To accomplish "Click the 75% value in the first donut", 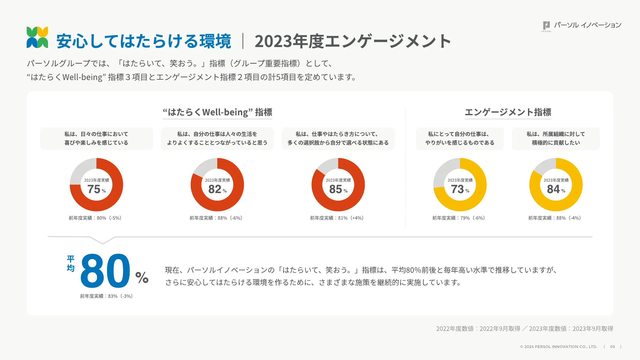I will pyautogui.click(x=94, y=189).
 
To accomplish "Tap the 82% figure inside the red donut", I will pyautogui.click(x=215, y=189).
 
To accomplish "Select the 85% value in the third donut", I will pyautogui.click(x=336, y=189).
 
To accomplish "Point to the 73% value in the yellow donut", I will pyautogui.click(x=458, y=189).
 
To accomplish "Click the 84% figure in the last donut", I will pyautogui.click(x=554, y=189).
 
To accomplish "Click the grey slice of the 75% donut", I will pyautogui.click(x=82, y=169).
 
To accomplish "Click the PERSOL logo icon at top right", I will pyautogui.click(x=546, y=26).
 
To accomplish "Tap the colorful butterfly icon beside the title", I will pyautogui.click(x=37, y=37).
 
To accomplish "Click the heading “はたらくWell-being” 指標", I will pyautogui.click(x=217, y=112).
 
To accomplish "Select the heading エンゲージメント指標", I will pyautogui.click(x=508, y=112).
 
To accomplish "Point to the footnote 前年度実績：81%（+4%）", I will pyautogui.click(x=337, y=218).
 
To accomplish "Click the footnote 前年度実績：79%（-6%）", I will pyautogui.click(x=459, y=218).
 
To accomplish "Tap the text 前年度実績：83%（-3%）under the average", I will pyautogui.click(x=106, y=296).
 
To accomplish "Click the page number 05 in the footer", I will pyautogui.click(x=612, y=347).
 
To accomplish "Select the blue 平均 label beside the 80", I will pyautogui.click(x=71, y=263).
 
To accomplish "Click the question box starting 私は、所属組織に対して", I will pyautogui.click(x=556, y=138).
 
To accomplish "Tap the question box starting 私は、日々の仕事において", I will pyautogui.click(x=96, y=138).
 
